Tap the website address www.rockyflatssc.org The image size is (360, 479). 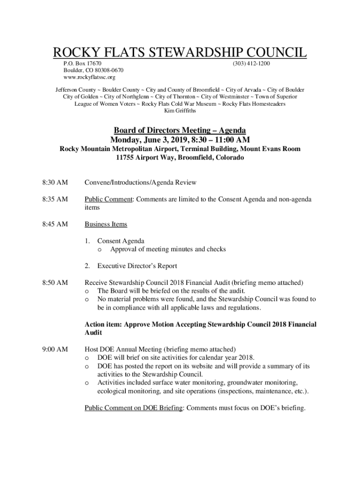point(89,77)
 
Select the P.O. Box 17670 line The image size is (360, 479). point(83,63)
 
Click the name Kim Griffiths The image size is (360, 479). point(180,111)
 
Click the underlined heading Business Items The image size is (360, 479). point(106,225)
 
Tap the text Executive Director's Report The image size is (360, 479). point(137,266)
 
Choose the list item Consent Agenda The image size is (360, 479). point(121,241)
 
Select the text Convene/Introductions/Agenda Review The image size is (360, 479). point(140,182)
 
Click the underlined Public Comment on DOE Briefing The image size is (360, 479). point(133,408)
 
